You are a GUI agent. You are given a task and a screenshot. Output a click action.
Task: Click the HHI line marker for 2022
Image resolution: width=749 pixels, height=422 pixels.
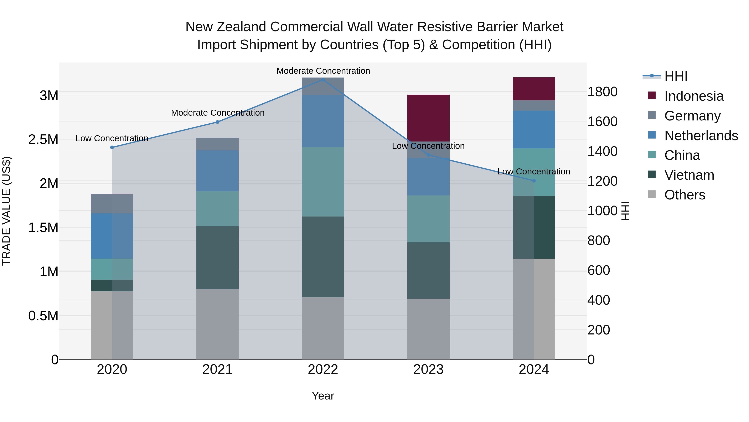click(x=323, y=80)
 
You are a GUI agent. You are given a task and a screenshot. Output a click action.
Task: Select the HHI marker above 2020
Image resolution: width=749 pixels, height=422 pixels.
click(x=112, y=147)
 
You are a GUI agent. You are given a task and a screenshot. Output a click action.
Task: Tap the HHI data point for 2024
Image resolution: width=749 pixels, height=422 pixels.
click(x=534, y=180)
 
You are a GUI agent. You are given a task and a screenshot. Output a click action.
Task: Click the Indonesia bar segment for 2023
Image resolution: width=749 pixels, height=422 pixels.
click(x=428, y=118)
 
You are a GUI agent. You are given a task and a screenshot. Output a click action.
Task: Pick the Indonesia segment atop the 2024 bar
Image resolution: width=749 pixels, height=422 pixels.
click(x=534, y=89)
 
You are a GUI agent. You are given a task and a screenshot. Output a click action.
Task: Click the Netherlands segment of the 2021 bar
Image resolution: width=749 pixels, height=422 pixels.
click(x=217, y=171)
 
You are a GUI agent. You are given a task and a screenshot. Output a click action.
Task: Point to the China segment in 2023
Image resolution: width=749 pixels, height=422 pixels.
click(x=428, y=219)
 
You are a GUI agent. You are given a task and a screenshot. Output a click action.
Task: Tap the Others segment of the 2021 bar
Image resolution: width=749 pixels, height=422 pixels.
click(x=217, y=324)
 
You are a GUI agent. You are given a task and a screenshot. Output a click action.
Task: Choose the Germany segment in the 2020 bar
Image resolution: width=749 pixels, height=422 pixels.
click(x=112, y=204)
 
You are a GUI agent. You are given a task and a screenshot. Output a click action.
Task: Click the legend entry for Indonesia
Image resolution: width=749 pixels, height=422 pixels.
click(x=694, y=96)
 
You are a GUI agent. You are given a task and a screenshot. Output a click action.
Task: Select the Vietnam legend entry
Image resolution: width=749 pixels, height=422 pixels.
click(x=689, y=175)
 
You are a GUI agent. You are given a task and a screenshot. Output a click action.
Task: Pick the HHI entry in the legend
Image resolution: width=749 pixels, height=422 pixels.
click(x=676, y=76)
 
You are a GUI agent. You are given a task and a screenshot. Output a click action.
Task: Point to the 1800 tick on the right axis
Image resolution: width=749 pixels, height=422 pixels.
click(x=603, y=92)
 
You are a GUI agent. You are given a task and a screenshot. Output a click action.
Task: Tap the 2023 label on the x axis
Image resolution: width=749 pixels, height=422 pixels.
click(x=428, y=369)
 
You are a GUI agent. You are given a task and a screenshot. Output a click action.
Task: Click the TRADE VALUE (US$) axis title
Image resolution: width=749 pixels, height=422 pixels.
click(x=6, y=211)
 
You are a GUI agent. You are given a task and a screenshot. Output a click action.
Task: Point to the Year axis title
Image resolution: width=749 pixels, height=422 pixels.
click(x=323, y=396)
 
